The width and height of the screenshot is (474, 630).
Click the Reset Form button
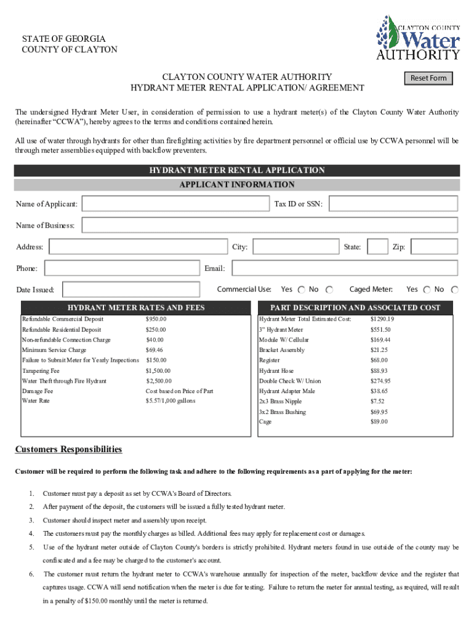coord(428,78)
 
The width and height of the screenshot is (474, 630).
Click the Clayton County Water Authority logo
coord(418,38)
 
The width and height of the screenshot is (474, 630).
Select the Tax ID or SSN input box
coord(394,204)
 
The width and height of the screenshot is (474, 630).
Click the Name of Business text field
coord(270,225)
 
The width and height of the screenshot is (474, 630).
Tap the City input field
coord(296,247)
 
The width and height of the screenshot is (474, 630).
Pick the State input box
coord(377,247)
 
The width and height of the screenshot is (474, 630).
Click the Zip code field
coord(434,247)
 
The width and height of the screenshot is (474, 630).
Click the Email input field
coord(345,268)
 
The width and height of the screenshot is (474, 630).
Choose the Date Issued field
coord(131,289)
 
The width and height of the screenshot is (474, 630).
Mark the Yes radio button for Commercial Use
coord(301,290)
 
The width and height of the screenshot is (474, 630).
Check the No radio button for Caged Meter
coord(454,290)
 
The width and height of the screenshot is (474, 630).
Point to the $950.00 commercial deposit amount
coord(156,319)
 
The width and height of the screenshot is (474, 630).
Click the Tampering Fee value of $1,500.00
coord(158,371)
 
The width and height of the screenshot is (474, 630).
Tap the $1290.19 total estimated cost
coord(382,319)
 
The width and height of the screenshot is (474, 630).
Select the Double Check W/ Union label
coord(290,381)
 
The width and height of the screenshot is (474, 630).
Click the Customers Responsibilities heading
coord(68,450)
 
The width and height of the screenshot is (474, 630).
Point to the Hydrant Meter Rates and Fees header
coord(136,308)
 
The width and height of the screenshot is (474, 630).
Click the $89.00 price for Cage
coord(379,421)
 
